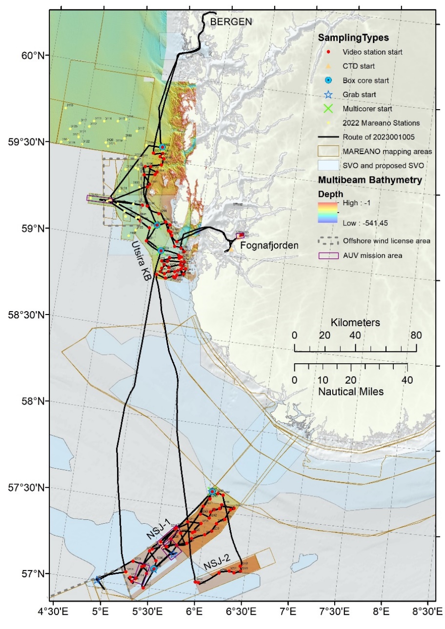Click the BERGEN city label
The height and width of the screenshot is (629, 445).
231,22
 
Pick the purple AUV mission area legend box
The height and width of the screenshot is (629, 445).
328,255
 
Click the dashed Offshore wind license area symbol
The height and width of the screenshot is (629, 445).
328,240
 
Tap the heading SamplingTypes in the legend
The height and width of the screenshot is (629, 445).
347,38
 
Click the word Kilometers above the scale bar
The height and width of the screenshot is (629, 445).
355,323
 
